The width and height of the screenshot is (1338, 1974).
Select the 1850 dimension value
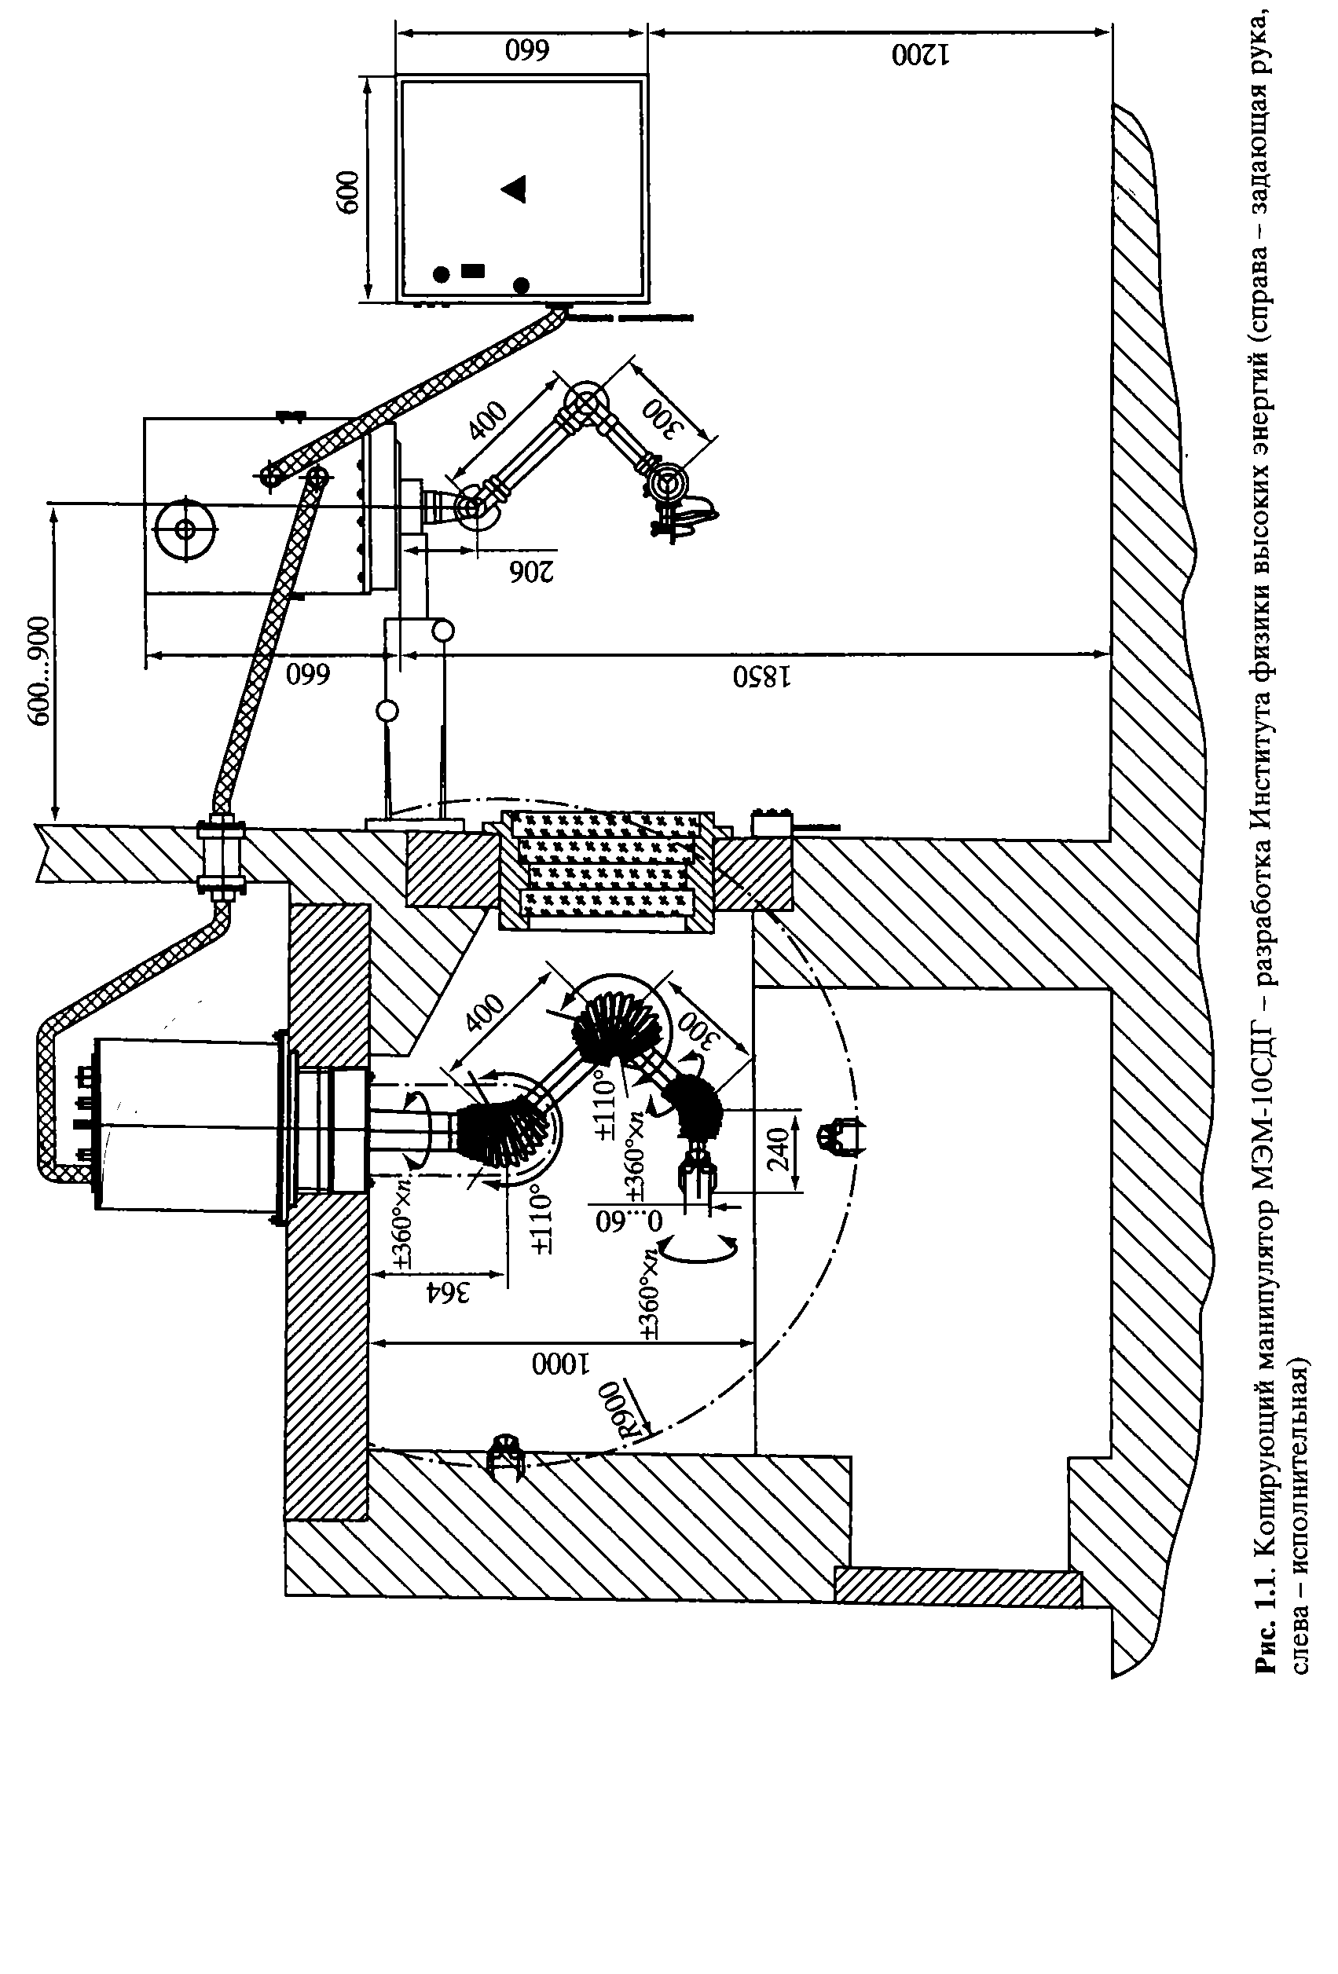pyautogui.click(x=762, y=677)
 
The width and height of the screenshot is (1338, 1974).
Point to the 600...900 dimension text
pyautogui.click(x=38, y=660)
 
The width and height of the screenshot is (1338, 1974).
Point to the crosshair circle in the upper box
pyautogui.click(x=185, y=529)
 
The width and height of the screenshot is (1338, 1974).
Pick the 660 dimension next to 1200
pyautogui.click(x=527, y=51)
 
